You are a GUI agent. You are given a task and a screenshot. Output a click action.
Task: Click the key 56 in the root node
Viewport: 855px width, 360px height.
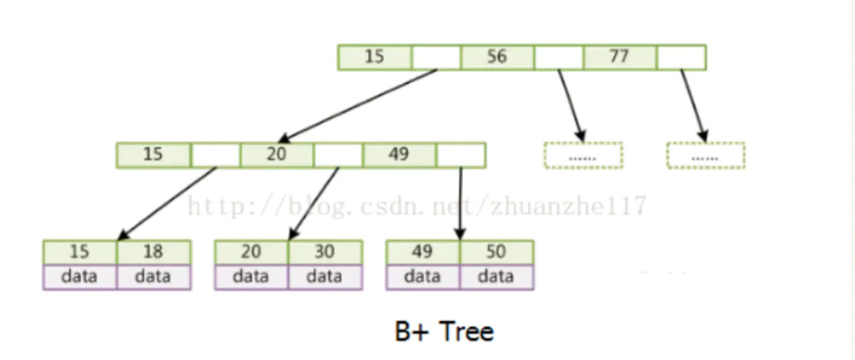(497, 57)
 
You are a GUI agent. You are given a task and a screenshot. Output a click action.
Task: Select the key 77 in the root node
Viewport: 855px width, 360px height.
(619, 57)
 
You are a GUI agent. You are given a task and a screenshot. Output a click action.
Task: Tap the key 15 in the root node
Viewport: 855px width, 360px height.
(375, 57)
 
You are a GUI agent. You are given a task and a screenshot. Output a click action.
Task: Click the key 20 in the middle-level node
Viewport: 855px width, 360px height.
(276, 155)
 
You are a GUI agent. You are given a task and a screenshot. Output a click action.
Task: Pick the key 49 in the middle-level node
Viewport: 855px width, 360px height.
(399, 155)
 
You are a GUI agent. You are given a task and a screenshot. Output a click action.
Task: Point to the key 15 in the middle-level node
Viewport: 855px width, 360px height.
(153, 155)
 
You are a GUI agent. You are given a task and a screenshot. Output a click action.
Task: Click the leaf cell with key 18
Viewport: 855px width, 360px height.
(153, 252)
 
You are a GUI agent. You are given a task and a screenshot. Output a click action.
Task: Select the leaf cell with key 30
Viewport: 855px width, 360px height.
(325, 252)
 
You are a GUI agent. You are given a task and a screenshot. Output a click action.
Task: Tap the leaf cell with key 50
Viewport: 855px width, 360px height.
(497, 252)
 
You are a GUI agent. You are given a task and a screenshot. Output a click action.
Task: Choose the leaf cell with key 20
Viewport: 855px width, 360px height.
(252, 252)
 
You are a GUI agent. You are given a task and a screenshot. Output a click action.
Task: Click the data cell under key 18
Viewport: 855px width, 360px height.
(153, 277)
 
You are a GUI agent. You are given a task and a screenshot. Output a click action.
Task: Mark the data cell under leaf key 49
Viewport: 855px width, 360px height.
(423, 277)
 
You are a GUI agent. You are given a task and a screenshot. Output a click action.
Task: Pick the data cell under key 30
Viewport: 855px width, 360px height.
(325, 277)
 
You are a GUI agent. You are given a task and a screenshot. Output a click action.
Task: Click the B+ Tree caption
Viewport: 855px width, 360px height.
(444, 331)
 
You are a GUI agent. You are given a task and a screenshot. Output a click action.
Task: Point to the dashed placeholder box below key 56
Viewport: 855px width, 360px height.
(583, 155)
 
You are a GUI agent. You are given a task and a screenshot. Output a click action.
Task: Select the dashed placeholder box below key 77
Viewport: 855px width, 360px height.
(705, 155)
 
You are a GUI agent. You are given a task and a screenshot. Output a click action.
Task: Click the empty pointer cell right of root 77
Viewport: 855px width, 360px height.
(681, 57)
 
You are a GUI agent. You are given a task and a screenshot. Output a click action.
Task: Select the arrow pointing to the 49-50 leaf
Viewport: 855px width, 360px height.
(460, 203)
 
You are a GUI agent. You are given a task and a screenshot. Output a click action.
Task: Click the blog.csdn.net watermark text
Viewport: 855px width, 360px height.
(416, 205)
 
